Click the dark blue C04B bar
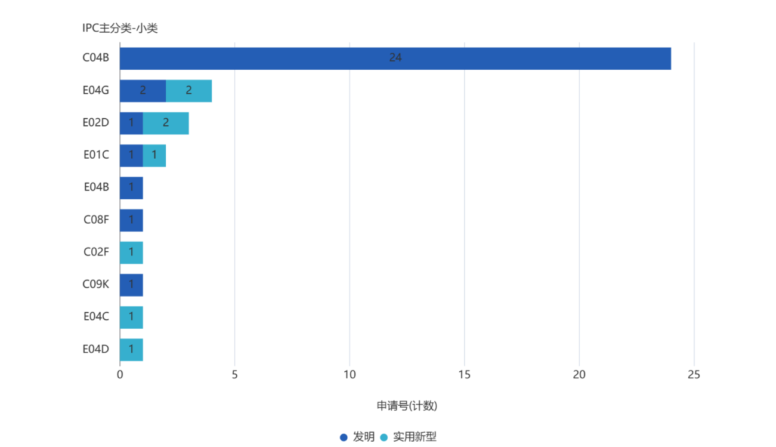click(x=395, y=58)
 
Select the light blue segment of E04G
click(x=189, y=91)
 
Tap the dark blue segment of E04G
click(x=143, y=91)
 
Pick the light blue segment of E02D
click(x=166, y=123)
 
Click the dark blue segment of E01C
click(x=131, y=155)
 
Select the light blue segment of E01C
click(x=154, y=155)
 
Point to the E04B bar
click(x=131, y=187)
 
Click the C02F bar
click(x=131, y=252)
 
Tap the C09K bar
click(x=131, y=285)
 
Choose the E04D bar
click(x=131, y=349)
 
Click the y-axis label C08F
click(x=96, y=220)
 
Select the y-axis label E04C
click(x=96, y=317)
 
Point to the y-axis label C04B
click(x=96, y=58)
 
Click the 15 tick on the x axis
click(x=464, y=375)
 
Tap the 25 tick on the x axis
click(x=694, y=375)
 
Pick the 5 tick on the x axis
click(x=234, y=375)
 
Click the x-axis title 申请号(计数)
click(x=407, y=406)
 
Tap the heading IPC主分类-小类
click(x=120, y=28)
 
